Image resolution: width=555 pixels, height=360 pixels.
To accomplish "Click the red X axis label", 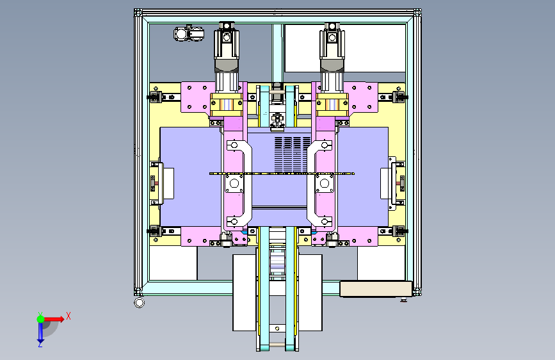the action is click(68, 316).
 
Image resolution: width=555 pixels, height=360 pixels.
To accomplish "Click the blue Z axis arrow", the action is click(40, 333).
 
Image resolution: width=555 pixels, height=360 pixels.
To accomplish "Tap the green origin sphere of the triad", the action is click(41, 319).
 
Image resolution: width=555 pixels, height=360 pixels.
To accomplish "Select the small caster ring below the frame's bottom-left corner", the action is click(140, 303).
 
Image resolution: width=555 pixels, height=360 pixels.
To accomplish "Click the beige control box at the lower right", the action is click(376, 289).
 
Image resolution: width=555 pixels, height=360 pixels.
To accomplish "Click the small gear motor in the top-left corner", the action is click(189, 34).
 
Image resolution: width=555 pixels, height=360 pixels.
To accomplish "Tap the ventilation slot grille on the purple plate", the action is click(293, 155).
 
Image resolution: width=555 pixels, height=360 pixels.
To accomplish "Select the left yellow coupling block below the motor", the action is click(227, 104).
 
